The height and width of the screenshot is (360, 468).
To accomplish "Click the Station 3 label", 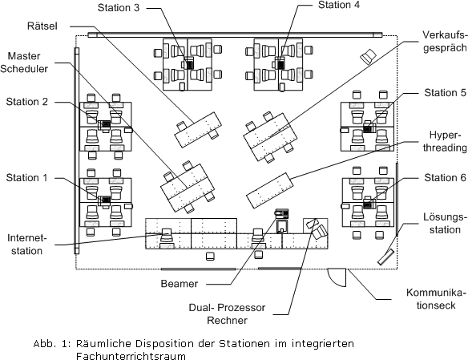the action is pos(119,8).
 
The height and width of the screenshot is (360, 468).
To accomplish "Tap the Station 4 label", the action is pos(339,5).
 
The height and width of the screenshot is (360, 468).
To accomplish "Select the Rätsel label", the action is pos(42,26).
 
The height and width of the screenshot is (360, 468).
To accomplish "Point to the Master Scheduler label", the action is pos(24,63).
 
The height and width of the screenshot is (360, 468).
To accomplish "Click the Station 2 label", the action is pos(27,102).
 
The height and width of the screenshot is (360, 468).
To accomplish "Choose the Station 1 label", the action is pos(27,178).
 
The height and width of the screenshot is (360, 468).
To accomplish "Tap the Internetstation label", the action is pos(27,245).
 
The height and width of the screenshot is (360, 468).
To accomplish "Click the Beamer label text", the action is pos(179,284).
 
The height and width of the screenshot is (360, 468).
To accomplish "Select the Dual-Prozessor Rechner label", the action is pos(227,314).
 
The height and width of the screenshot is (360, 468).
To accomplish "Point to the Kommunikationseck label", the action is pos(436,299).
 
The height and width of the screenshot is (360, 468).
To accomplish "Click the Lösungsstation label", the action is pos(445,223).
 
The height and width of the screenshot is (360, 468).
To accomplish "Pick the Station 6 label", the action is pos(445,178).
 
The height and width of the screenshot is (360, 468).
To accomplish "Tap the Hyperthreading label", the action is pos(445,141).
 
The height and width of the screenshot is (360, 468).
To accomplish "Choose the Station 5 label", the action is pos(445,93).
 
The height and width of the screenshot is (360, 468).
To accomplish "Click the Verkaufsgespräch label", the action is pos(445,42).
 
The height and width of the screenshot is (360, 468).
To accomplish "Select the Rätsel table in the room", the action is pos(198,130).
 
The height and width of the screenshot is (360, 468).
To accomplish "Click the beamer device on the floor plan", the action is pos(282,212).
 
